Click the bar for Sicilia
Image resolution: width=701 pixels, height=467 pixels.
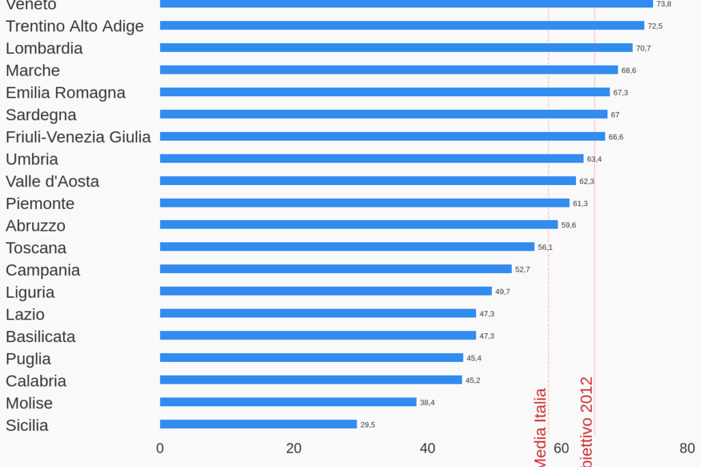coord(258,424)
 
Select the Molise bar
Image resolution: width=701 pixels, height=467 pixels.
coord(288,402)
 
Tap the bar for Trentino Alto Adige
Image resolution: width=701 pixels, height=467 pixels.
coord(402,25)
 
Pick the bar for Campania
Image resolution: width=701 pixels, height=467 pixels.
coord(335,269)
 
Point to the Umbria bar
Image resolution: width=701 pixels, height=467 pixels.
coord(372,158)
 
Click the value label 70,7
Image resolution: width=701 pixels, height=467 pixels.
coord(644,48)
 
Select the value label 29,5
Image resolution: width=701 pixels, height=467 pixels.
coord(368,425)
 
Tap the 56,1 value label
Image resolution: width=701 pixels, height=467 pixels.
coord(545,247)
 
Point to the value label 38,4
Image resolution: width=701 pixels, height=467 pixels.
coord(427,403)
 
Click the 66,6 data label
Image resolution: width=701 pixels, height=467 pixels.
coord(616,137)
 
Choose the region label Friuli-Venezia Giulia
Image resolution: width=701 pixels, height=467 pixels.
coord(78,137)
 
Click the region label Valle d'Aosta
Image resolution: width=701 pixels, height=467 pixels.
coord(53,181)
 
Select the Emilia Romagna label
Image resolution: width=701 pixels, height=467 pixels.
coord(66,92)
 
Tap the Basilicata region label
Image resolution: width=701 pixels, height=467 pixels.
coord(40,337)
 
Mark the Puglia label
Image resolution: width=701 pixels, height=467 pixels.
coord(28,358)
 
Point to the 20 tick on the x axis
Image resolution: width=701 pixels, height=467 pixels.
coord(294,449)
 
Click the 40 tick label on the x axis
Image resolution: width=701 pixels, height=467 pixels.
coord(427,449)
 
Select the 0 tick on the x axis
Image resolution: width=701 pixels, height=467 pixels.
coord(160,449)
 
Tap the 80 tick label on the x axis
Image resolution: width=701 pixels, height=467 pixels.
coord(687,449)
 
